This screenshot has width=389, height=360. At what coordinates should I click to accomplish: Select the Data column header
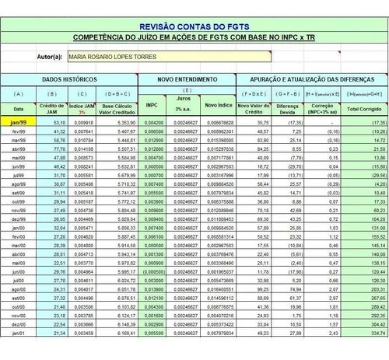[x=18, y=109]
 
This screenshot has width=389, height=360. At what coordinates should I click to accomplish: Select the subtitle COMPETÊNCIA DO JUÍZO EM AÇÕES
[x=194, y=37]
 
